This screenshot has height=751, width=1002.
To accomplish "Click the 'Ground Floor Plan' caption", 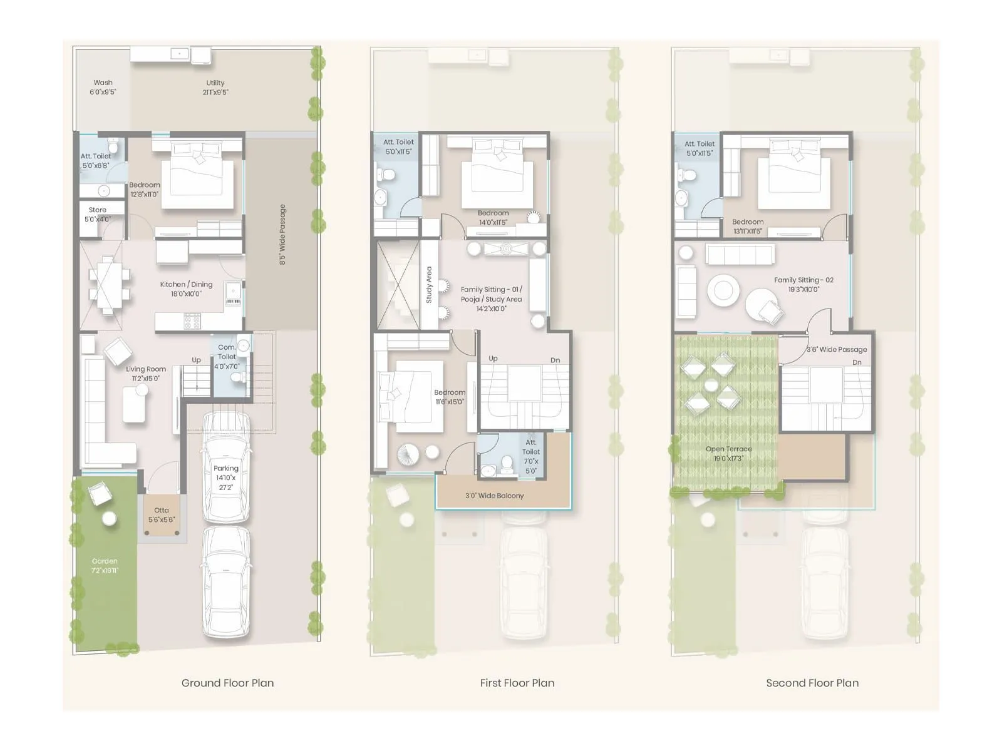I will [227, 683].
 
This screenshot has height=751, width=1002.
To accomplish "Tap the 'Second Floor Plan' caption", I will [812, 683].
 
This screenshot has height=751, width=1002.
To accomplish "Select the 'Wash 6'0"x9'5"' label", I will [103, 87].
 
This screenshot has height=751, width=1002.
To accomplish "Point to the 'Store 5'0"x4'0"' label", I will [97, 215].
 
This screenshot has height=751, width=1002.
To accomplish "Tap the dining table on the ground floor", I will [108, 285].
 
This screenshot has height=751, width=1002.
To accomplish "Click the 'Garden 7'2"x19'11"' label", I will [105, 566].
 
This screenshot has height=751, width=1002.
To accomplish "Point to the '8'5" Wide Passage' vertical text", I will [282, 235].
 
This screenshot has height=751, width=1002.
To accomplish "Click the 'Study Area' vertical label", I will [429, 285].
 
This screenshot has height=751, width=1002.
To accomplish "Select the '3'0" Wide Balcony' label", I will [494, 496].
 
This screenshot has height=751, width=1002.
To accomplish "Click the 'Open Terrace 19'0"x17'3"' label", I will [728, 454].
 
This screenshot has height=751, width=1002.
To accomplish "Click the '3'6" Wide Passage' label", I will [837, 349].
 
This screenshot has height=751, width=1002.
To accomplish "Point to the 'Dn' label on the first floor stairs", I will [555, 360].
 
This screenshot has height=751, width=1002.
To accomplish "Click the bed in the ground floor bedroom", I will [197, 175].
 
